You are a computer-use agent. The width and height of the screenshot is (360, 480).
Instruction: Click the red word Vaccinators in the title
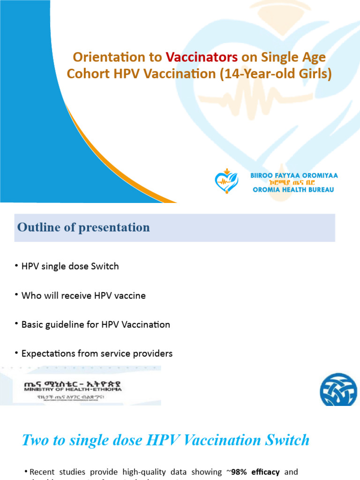(202, 57)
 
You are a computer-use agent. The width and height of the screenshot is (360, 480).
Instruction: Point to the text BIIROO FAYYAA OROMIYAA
(294, 175)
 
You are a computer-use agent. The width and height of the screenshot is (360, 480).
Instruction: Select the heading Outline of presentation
(83, 227)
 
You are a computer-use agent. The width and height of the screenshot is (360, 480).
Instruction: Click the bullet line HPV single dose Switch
(70, 266)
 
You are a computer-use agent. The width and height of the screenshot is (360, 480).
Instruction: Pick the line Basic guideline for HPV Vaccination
(96, 325)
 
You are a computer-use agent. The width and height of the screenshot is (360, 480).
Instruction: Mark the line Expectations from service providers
(97, 354)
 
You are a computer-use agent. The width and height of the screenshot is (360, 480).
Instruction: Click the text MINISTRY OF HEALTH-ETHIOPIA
(73, 389)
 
